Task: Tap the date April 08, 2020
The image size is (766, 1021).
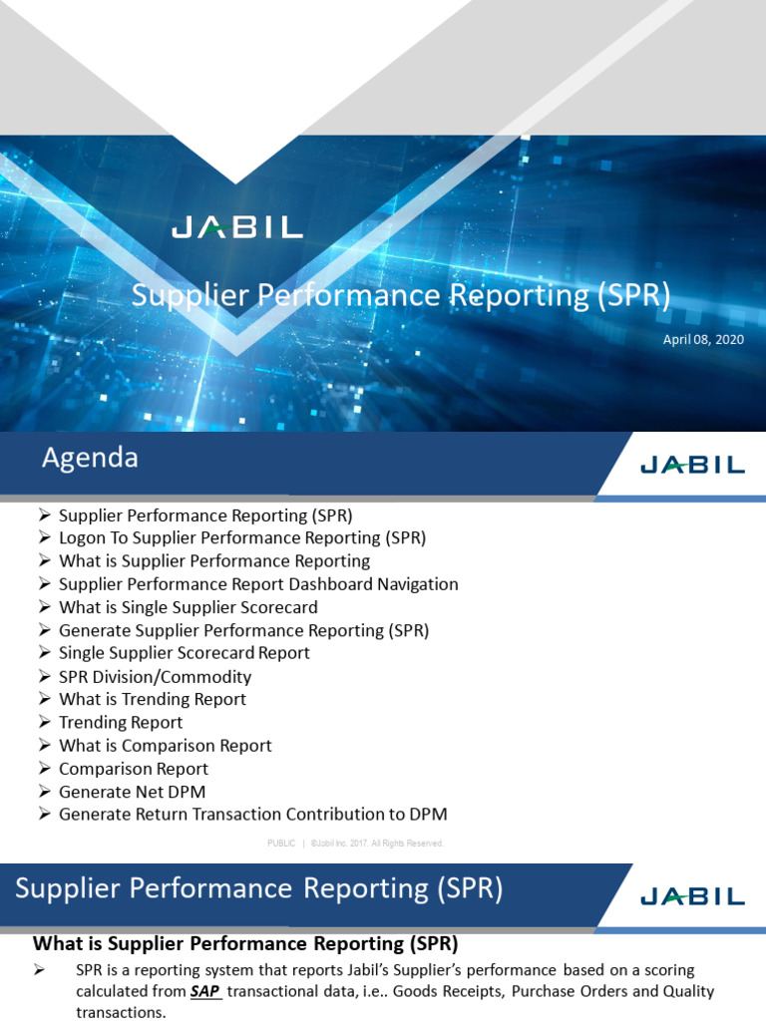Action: click(x=703, y=340)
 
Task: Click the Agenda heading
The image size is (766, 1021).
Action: click(x=90, y=459)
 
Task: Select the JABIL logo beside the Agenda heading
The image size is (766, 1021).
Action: click(x=691, y=465)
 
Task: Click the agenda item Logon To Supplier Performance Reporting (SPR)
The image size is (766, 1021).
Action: click(x=242, y=538)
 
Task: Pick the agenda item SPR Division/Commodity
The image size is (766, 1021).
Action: click(x=155, y=676)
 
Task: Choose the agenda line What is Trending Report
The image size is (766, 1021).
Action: click(x=153, y=699)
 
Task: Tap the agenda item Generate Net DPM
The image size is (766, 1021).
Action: click(x=132, y=792)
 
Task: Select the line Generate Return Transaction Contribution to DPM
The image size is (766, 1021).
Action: click(x=252, y=815)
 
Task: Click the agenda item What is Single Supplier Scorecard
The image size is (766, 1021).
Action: click(x=189, y=607)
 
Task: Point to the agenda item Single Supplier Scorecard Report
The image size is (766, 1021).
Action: click(x=185, y=653)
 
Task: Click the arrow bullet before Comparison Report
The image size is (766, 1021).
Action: click(x=44, y=769)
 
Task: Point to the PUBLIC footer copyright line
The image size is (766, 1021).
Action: click(x=355, y=844)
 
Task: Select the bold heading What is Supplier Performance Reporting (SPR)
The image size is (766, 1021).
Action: click(x=245, y=943)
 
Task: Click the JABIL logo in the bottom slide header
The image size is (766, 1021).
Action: click(x=691, y=895)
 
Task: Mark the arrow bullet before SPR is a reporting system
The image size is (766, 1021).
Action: click(x=41, y=970)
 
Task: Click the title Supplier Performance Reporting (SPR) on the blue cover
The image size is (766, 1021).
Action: click(x=401, y=296)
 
